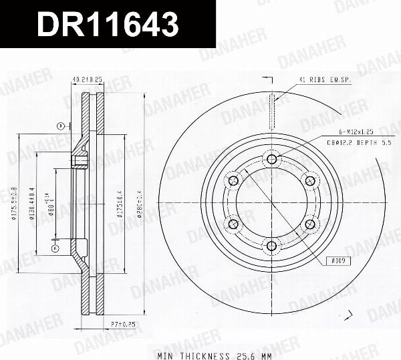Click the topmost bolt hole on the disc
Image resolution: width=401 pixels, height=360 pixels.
point(271,158)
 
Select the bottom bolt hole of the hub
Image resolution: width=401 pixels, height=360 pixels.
point(271,246)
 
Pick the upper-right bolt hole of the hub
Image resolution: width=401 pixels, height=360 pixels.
point(309,180)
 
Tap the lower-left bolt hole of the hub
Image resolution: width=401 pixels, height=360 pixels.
point(233,224)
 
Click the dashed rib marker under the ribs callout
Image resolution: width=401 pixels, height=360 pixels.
point(271,112)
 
